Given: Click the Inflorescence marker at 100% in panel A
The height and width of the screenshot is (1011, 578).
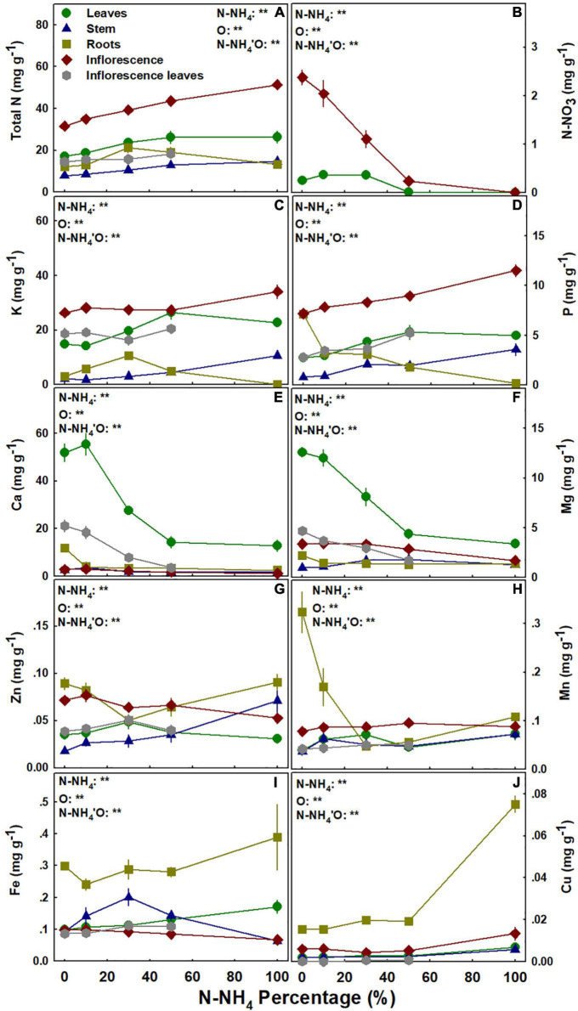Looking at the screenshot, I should tap(277, 84).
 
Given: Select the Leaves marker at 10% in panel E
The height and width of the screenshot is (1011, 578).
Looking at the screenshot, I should tap(85, 444).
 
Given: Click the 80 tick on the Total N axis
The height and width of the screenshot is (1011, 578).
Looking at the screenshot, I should tap(42, 25).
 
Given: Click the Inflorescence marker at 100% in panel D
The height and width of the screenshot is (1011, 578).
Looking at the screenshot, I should tap(514, 270).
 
